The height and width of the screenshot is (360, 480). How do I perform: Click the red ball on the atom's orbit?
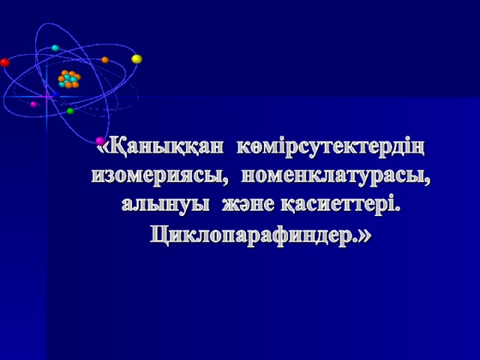click(4, 62)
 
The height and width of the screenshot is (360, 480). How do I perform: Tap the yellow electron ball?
click(136, 58)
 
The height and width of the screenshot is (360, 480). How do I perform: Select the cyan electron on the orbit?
click(55, 48)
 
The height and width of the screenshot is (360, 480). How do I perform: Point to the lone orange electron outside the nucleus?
click(105, 60)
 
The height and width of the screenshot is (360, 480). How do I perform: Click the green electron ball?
click(70, 111)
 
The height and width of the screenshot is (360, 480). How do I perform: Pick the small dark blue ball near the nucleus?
click(55, 94)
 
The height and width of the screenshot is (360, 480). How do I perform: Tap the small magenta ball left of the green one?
click(34, 104)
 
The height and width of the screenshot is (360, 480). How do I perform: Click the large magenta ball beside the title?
click(100, 141)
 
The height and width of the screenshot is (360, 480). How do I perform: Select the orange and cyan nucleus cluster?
click(70, 79)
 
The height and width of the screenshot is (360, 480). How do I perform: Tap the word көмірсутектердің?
click(331, 149)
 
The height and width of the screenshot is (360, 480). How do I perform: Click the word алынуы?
click(166, 205)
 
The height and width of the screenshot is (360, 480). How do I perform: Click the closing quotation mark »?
click(365, 236)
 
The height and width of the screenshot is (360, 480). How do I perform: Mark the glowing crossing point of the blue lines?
click(46, 97)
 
